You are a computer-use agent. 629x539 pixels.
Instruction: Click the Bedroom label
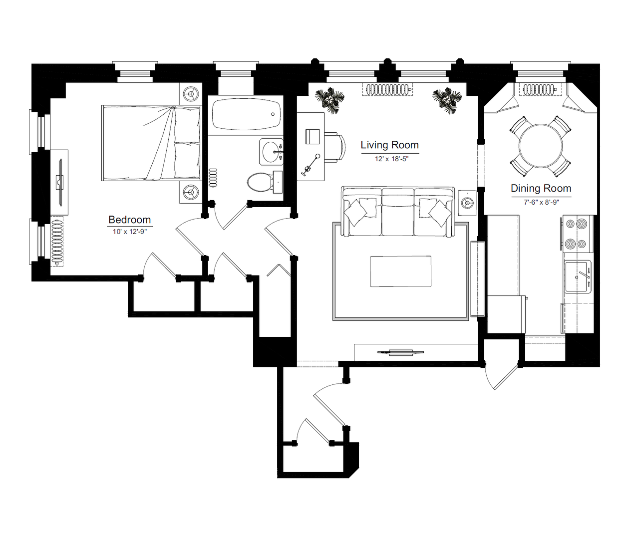pos(130,220)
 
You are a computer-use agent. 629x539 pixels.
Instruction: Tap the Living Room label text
pos(389,145)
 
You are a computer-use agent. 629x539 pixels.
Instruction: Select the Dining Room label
pos(541,188)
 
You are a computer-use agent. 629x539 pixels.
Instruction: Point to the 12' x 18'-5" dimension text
pos(391,159)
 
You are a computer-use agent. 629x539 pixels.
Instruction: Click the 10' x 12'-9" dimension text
pos(130,232)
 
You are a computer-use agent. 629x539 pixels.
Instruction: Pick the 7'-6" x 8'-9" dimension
pos(541,202)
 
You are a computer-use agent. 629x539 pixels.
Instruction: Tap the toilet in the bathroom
pos(265,182)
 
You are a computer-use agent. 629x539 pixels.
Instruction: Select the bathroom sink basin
pos(272,152)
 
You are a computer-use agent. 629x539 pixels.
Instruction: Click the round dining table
pos(541,146)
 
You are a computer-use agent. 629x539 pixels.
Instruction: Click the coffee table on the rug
pos(400,271)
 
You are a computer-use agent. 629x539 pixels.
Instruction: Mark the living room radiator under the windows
pos(387,89)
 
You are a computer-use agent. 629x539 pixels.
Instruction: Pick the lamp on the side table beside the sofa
pos(467,203)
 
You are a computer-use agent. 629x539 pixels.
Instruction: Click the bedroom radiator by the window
pos(56,241)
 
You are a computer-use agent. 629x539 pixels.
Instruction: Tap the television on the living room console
pos(400,352)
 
